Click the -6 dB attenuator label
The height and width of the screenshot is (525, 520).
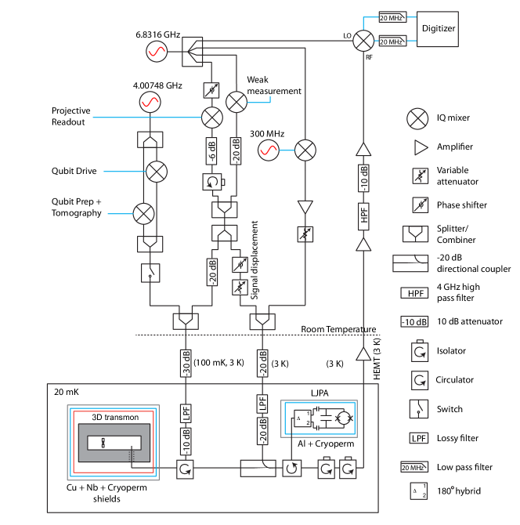tap(211, 150)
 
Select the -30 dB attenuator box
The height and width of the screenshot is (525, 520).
tap(186, 363)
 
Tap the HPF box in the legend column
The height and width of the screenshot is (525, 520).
tap(414, 294)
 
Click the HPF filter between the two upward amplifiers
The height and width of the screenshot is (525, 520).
tap(363, 216)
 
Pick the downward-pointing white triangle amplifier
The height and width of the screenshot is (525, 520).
tap(305, 207)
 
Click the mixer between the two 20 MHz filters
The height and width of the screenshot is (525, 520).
tap(363, 41)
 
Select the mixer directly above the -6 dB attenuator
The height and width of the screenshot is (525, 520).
tap(212, 118)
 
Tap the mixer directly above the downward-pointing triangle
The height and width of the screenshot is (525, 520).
tap(305, 150)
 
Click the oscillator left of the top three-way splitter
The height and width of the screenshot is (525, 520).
tap(157, 52)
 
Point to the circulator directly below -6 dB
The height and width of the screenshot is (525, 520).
tap(211, 182)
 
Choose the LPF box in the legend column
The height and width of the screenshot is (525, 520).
tap(417, 438)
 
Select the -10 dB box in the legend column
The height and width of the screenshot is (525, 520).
tap(414, 322)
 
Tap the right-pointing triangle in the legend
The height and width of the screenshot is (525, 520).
tap(420, 147)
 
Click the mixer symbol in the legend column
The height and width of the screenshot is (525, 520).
tap(418, 119)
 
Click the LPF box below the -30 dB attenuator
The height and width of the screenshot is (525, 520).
tap(186, 413)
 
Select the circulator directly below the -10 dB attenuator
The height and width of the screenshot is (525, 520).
tap(185, 469)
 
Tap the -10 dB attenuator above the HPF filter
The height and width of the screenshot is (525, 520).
tap(363, 179)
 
